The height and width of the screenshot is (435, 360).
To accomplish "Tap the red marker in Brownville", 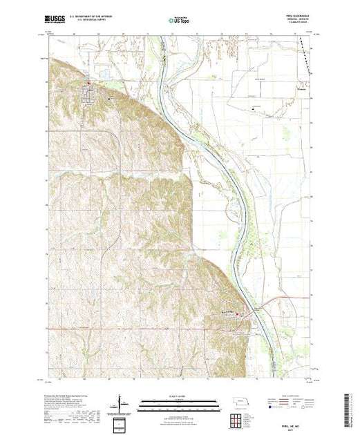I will point(238,316).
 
